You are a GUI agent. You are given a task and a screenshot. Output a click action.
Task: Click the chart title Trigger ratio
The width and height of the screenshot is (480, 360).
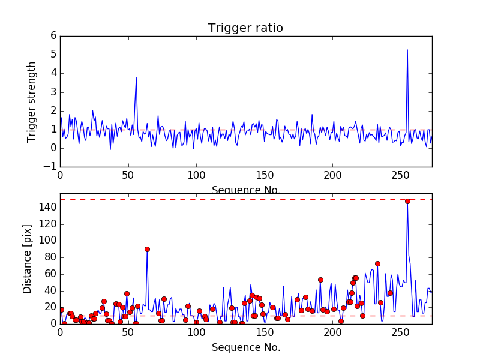tap(245, 28)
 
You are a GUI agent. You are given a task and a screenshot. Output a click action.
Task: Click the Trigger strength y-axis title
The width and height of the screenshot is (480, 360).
tap(32, 101)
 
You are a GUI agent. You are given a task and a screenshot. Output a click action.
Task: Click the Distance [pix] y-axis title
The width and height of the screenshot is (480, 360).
tap(28, 259)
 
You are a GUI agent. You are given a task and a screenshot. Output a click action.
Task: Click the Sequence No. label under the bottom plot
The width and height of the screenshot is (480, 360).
tap(246, 348)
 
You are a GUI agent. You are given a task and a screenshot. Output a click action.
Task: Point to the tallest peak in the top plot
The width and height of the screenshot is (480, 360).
tap(407, 50)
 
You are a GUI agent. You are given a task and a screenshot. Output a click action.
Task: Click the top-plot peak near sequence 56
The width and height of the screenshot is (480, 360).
tap(136, 77)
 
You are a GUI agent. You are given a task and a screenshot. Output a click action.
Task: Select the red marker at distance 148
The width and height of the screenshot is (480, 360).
tap(407, 201)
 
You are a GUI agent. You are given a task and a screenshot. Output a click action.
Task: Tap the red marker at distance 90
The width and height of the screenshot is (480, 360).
tap(147, 249)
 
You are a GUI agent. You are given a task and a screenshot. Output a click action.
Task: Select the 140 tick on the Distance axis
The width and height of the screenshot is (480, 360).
tap(47, 208)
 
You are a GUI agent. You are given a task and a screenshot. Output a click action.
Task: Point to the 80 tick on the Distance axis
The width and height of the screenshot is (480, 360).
tap(50, 257)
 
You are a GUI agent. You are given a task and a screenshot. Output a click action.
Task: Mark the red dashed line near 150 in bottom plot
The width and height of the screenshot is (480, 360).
tap(240, 199)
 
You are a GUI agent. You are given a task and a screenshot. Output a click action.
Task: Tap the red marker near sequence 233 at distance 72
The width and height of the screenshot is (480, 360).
tap(377, 263)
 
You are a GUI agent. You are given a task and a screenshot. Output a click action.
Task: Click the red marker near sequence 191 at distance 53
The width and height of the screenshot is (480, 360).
tap(320, 280)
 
